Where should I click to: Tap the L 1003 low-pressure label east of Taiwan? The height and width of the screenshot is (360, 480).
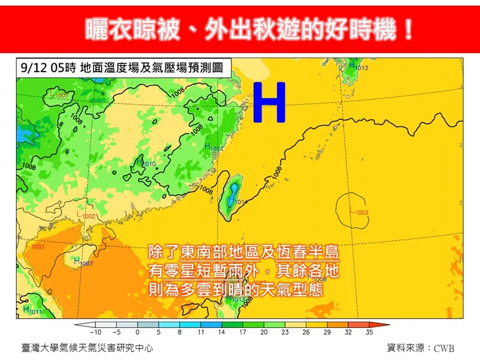[358, 212]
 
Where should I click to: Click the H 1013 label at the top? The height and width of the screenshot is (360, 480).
[358, 67]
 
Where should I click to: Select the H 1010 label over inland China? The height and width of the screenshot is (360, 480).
[145, 164]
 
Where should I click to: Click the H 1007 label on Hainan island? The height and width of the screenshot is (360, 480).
[83, 262]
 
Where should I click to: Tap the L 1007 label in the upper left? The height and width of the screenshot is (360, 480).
[59, 96]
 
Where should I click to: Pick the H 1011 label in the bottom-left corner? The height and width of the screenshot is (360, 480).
[32, 311]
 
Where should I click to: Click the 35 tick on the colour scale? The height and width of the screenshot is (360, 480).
[369, 333]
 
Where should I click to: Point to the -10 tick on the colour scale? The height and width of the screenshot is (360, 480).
[96, 333]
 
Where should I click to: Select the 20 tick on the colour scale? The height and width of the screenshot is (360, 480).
[264, 333]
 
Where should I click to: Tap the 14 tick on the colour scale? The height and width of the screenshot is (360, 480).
[222, 333]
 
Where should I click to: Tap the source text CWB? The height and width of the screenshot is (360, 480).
[444, 348]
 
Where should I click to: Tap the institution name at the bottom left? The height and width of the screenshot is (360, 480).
[88, 348]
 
